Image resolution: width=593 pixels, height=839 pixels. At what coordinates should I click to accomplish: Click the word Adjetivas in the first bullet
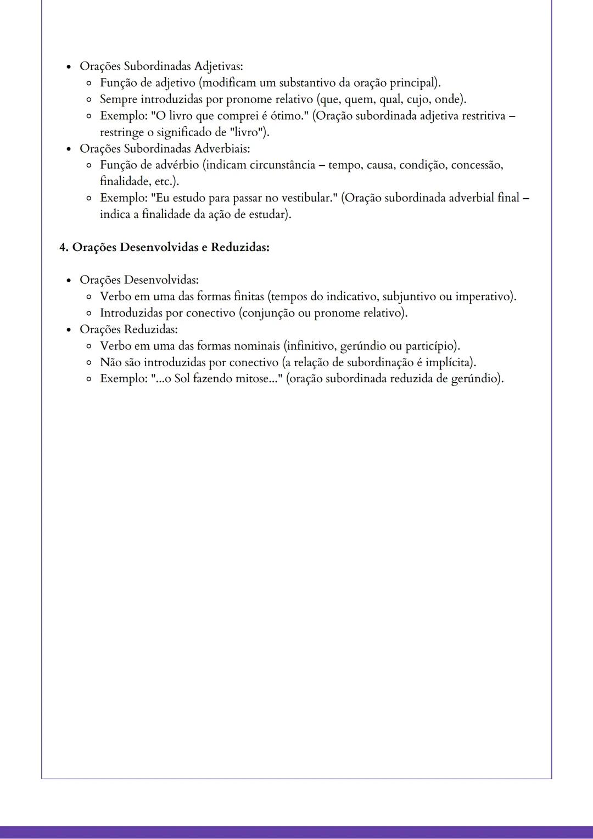tap(219, 66)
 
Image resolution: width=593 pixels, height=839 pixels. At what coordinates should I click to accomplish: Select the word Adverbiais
tap(222, 148)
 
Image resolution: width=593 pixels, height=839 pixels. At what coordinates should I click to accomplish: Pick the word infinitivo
tap(310, 346)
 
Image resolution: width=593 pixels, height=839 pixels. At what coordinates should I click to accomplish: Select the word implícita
tap(452, 362)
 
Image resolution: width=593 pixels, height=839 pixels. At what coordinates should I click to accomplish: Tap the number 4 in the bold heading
tap(63, 247)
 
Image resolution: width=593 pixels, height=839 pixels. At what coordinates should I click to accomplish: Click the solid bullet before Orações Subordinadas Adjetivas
tap(69, 66)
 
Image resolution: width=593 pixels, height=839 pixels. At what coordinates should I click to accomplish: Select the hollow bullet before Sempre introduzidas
tap(88, 99)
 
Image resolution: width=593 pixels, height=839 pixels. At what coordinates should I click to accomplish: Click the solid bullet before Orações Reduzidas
tap(69, 330)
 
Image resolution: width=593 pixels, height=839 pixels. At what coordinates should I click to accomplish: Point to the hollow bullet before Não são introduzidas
tap(88, 363)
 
